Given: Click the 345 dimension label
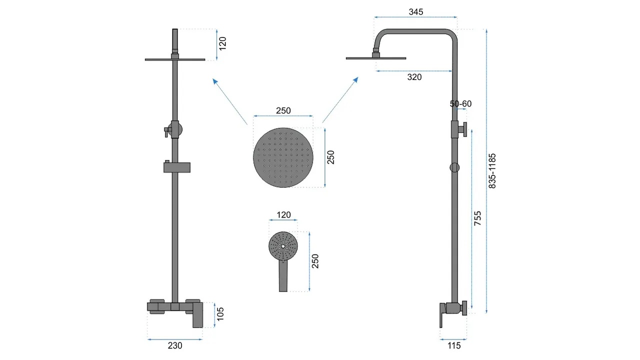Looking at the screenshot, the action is (415, 11).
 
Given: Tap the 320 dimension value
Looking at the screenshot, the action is (414, 77).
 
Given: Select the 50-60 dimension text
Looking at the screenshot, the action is (460, 103).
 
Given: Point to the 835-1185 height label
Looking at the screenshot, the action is (492, 171).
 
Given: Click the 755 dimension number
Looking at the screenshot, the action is (477, 218).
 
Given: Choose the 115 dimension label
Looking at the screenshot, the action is (453, 345).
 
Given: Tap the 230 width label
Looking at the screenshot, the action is (175, 345).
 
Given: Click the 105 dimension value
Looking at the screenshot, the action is (220, 314).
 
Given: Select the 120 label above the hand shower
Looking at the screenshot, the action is (283, 215).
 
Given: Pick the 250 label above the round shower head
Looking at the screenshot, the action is (283, 110).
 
